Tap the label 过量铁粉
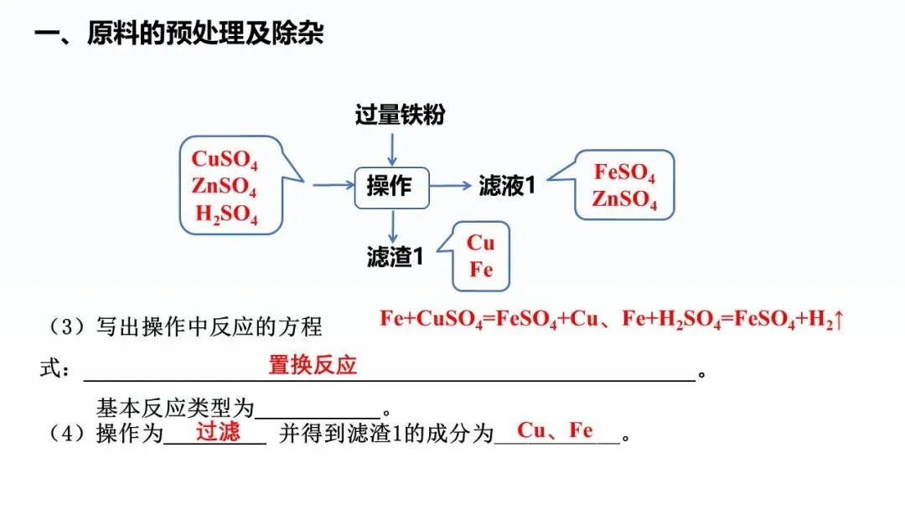coord(400,114)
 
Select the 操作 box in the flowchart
coord(390,185)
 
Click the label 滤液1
coord(507,185)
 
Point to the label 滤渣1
coord(395,256)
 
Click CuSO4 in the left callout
coord(225,159)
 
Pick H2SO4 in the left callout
coord(226,214)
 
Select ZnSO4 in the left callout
coord(224,187)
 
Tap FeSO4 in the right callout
coord(624,173)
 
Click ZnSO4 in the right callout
coord(624,200)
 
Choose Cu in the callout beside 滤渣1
coord(481,243)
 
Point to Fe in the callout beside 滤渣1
coord(481,270)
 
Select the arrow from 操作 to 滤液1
coord(450,185)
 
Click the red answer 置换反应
coord(313,365)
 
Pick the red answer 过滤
coord(218,432)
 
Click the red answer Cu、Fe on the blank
coord(555,430)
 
